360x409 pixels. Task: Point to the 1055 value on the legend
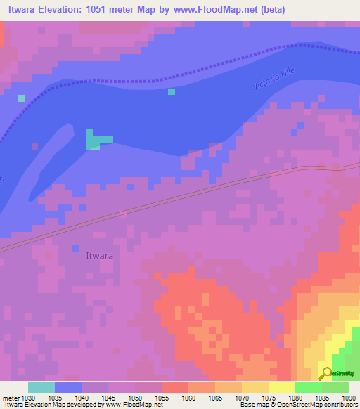point(161,397)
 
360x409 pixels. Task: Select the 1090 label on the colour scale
point(349,397)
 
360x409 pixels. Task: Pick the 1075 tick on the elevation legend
point(269,397)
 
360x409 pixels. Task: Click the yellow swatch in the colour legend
point(281,387)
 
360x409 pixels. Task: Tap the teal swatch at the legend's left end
point(41,387)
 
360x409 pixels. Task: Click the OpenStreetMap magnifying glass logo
point(326,373)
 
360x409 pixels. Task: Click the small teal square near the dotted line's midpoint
point(172,91)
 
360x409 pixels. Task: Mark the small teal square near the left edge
point(21,98)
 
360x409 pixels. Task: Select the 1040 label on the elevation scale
point(80,397)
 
